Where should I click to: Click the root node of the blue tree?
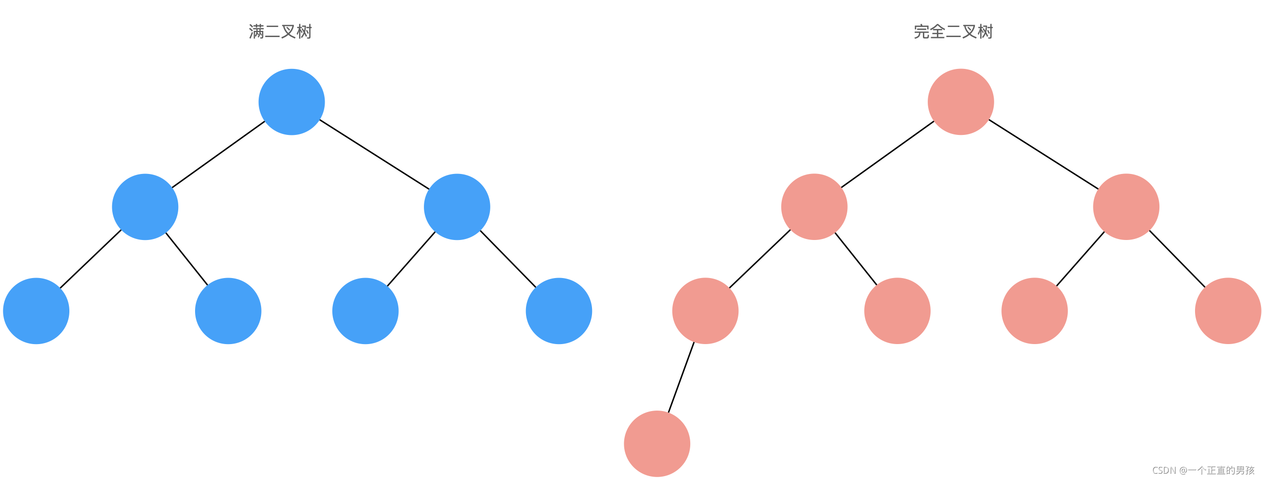pos(291,102)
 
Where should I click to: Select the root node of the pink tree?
pos(960,102)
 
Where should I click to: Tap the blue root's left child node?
pos(145,207)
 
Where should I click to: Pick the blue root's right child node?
pos(457,207)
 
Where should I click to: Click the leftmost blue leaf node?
pos(36,311)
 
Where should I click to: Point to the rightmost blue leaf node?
pos(559,311)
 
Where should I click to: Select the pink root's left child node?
pos(814,207)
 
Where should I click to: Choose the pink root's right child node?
pos(1126,207)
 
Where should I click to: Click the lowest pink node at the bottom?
pos(657,444)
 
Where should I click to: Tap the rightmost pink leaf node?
pos(1228,311)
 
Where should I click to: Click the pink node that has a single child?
pos(706,311)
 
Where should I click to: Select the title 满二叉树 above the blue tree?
pos(280,32)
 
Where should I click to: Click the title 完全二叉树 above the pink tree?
pos(953,32)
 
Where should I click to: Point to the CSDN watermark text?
pos(1203,470)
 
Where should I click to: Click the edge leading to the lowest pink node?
pos(682,377)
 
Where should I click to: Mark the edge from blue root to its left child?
pos(219,154)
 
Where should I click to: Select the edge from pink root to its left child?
pos(888,154)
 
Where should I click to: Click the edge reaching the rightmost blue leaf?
pos(508,259)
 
